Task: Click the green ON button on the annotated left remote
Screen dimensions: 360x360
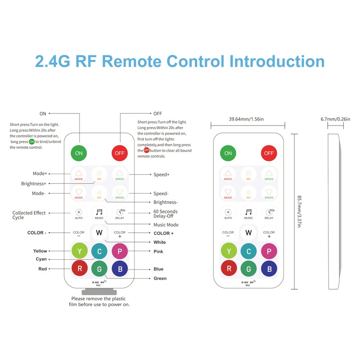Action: pyautogui.click(x=79, y=153)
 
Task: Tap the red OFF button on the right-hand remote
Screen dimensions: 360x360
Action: pyautogui.click(x=269, y=153)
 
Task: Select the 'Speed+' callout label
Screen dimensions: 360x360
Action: pyautogui.click(x=162, y=175)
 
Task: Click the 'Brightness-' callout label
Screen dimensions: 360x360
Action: pyautogui.click(x=166, y=202)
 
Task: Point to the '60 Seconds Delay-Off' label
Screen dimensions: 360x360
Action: pyautogui.click(x=165, y=214)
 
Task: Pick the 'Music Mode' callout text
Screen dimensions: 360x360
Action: pyautogui.click(x=166, y=225)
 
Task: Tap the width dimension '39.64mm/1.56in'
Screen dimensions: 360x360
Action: pyautogui.click(x=246, y=119)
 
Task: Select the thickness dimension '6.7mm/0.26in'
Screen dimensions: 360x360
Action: pyautogui.click(x=335, y=119)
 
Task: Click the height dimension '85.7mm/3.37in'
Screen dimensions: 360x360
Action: pyautogui.click(x=299, y=211)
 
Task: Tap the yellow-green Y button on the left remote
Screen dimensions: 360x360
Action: pyautogui.click(x=80, y=251)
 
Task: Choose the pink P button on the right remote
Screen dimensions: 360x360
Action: pyautogui.click(x=269, y=251)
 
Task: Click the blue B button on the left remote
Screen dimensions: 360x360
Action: pyautogui.click(x=120, y=269)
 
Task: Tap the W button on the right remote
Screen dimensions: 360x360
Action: pyautogui.click(x=248, y=233)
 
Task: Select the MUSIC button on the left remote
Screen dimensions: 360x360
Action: pyautogui.click(x=99, y=214)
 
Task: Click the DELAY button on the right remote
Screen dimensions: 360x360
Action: pyautogui.click(x=269, y=214)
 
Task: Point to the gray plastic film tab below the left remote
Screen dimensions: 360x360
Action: pyautogui.click(x=99, y=292)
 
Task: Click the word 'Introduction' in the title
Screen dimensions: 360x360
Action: pyautogui.click(x=277, y=61)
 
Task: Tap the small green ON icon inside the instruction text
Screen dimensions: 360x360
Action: pyautogui.click(x=31, y=142)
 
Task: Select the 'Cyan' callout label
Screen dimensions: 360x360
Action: pyautogui.click(x=41, y=259)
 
